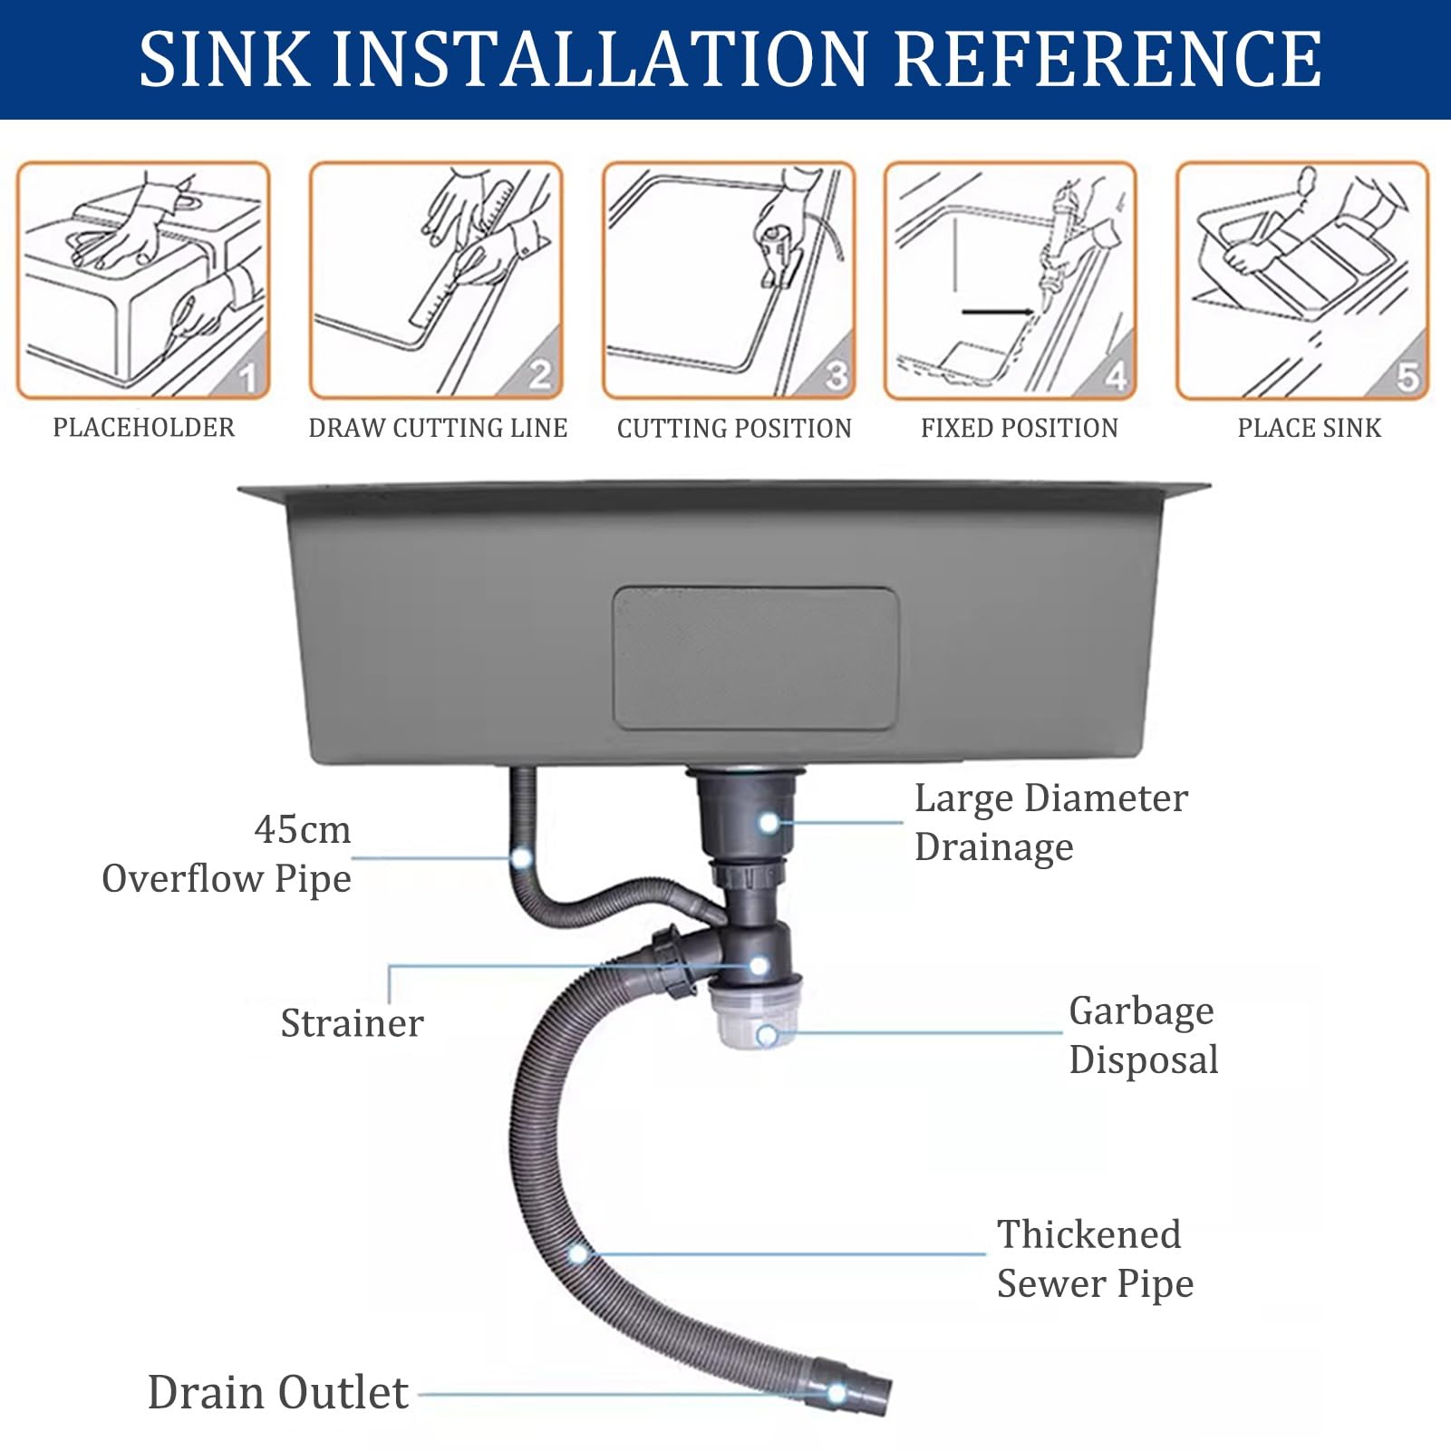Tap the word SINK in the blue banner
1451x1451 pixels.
tap(224, 59)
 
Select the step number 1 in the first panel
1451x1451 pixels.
tap(247, 376)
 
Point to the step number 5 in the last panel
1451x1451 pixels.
tap(1407, 376)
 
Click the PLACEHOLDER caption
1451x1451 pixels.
tap(143, 427)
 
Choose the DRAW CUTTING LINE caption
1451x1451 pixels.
tap(438, 427)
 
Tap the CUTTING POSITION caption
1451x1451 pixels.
tap(734, 428)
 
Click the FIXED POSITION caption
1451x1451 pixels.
tap(1020, 427)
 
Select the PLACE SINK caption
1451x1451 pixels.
tap(1310, 427)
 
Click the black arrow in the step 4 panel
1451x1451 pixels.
tap(998, 312)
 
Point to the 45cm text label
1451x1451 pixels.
tap(302, 829)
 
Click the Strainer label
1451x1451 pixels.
tap(352, 1023)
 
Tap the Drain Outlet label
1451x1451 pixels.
tap(277, 1392)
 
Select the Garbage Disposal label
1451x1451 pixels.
tap(1144, 1035)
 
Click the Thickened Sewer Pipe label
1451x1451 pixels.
tap(1095, 1259)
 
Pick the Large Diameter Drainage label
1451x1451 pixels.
tap(1050, 822)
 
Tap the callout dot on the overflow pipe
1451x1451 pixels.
tap(521, 857)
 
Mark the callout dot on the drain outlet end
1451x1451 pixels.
tap(837, 1393)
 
